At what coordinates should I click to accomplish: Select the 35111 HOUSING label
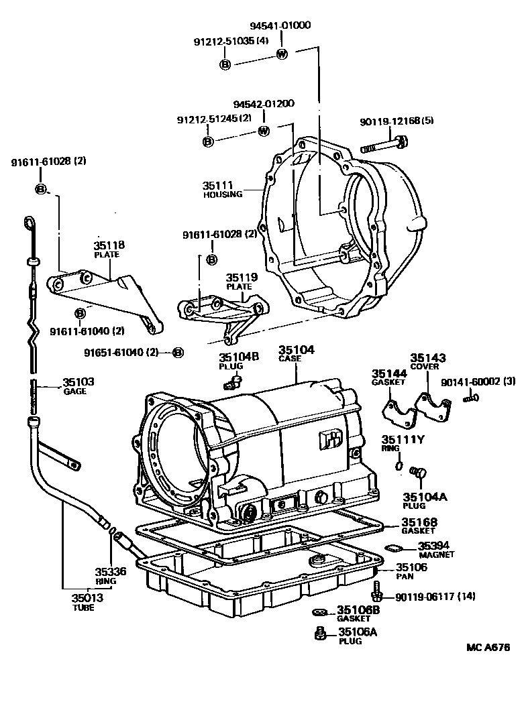(221, 188)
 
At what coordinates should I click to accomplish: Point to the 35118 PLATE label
(109, 249)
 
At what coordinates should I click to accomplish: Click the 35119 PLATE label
(238, 280)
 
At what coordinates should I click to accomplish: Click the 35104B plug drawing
(232, 382)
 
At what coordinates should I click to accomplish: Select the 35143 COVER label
(428, 362)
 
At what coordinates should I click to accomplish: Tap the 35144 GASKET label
(389, 377)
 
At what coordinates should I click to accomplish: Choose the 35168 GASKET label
(419, 526)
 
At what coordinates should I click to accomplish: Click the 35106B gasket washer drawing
(319, 611)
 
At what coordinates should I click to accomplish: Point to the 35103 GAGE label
(78, 386)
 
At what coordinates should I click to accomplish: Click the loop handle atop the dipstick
(30, 222)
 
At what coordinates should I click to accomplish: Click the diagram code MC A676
(488, 648)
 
